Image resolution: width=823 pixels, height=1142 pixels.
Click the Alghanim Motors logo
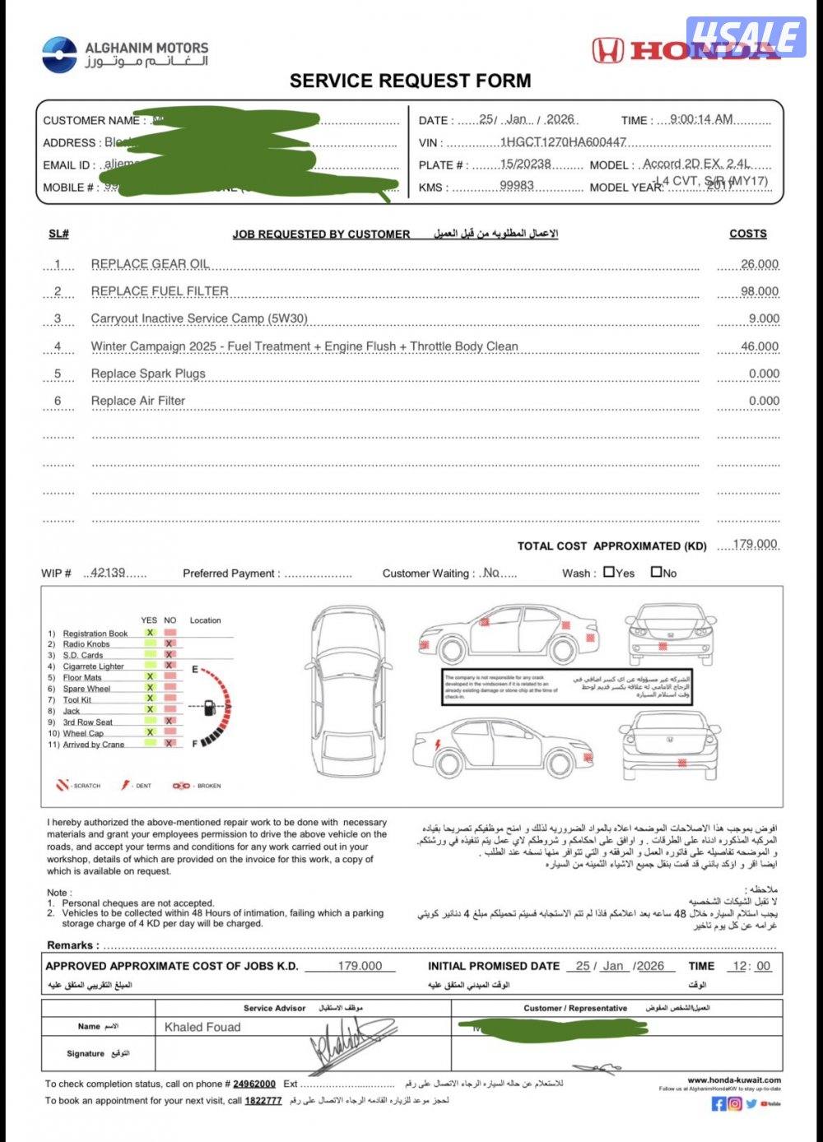(59, 54)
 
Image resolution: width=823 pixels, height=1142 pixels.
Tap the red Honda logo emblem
(608, 51)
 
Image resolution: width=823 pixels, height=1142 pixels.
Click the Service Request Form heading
(410, 81)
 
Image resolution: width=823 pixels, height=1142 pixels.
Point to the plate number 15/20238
(525, 164)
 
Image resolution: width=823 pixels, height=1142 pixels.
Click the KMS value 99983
(517, 186)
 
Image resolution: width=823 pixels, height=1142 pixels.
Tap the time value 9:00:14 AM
(701, 119)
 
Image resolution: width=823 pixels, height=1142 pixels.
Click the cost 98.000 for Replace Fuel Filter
(760, 291)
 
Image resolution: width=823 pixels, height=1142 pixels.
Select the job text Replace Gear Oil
(150, 264)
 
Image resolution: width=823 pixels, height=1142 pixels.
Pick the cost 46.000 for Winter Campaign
(760, 346)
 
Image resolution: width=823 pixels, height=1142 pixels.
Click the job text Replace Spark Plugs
(148, 374)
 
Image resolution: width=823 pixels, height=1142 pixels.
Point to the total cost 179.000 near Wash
(755, 544)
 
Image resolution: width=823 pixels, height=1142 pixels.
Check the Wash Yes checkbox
(609, 572)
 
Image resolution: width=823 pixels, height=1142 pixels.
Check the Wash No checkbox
(656, 572)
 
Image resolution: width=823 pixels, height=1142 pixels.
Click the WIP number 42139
(108, 573)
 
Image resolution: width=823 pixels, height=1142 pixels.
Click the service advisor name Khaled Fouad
(202, 1027)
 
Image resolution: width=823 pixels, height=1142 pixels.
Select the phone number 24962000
(254, 1084)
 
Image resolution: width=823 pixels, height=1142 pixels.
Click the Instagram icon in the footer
(734, 1103)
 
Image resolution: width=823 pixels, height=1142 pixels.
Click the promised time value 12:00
(752, 966)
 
